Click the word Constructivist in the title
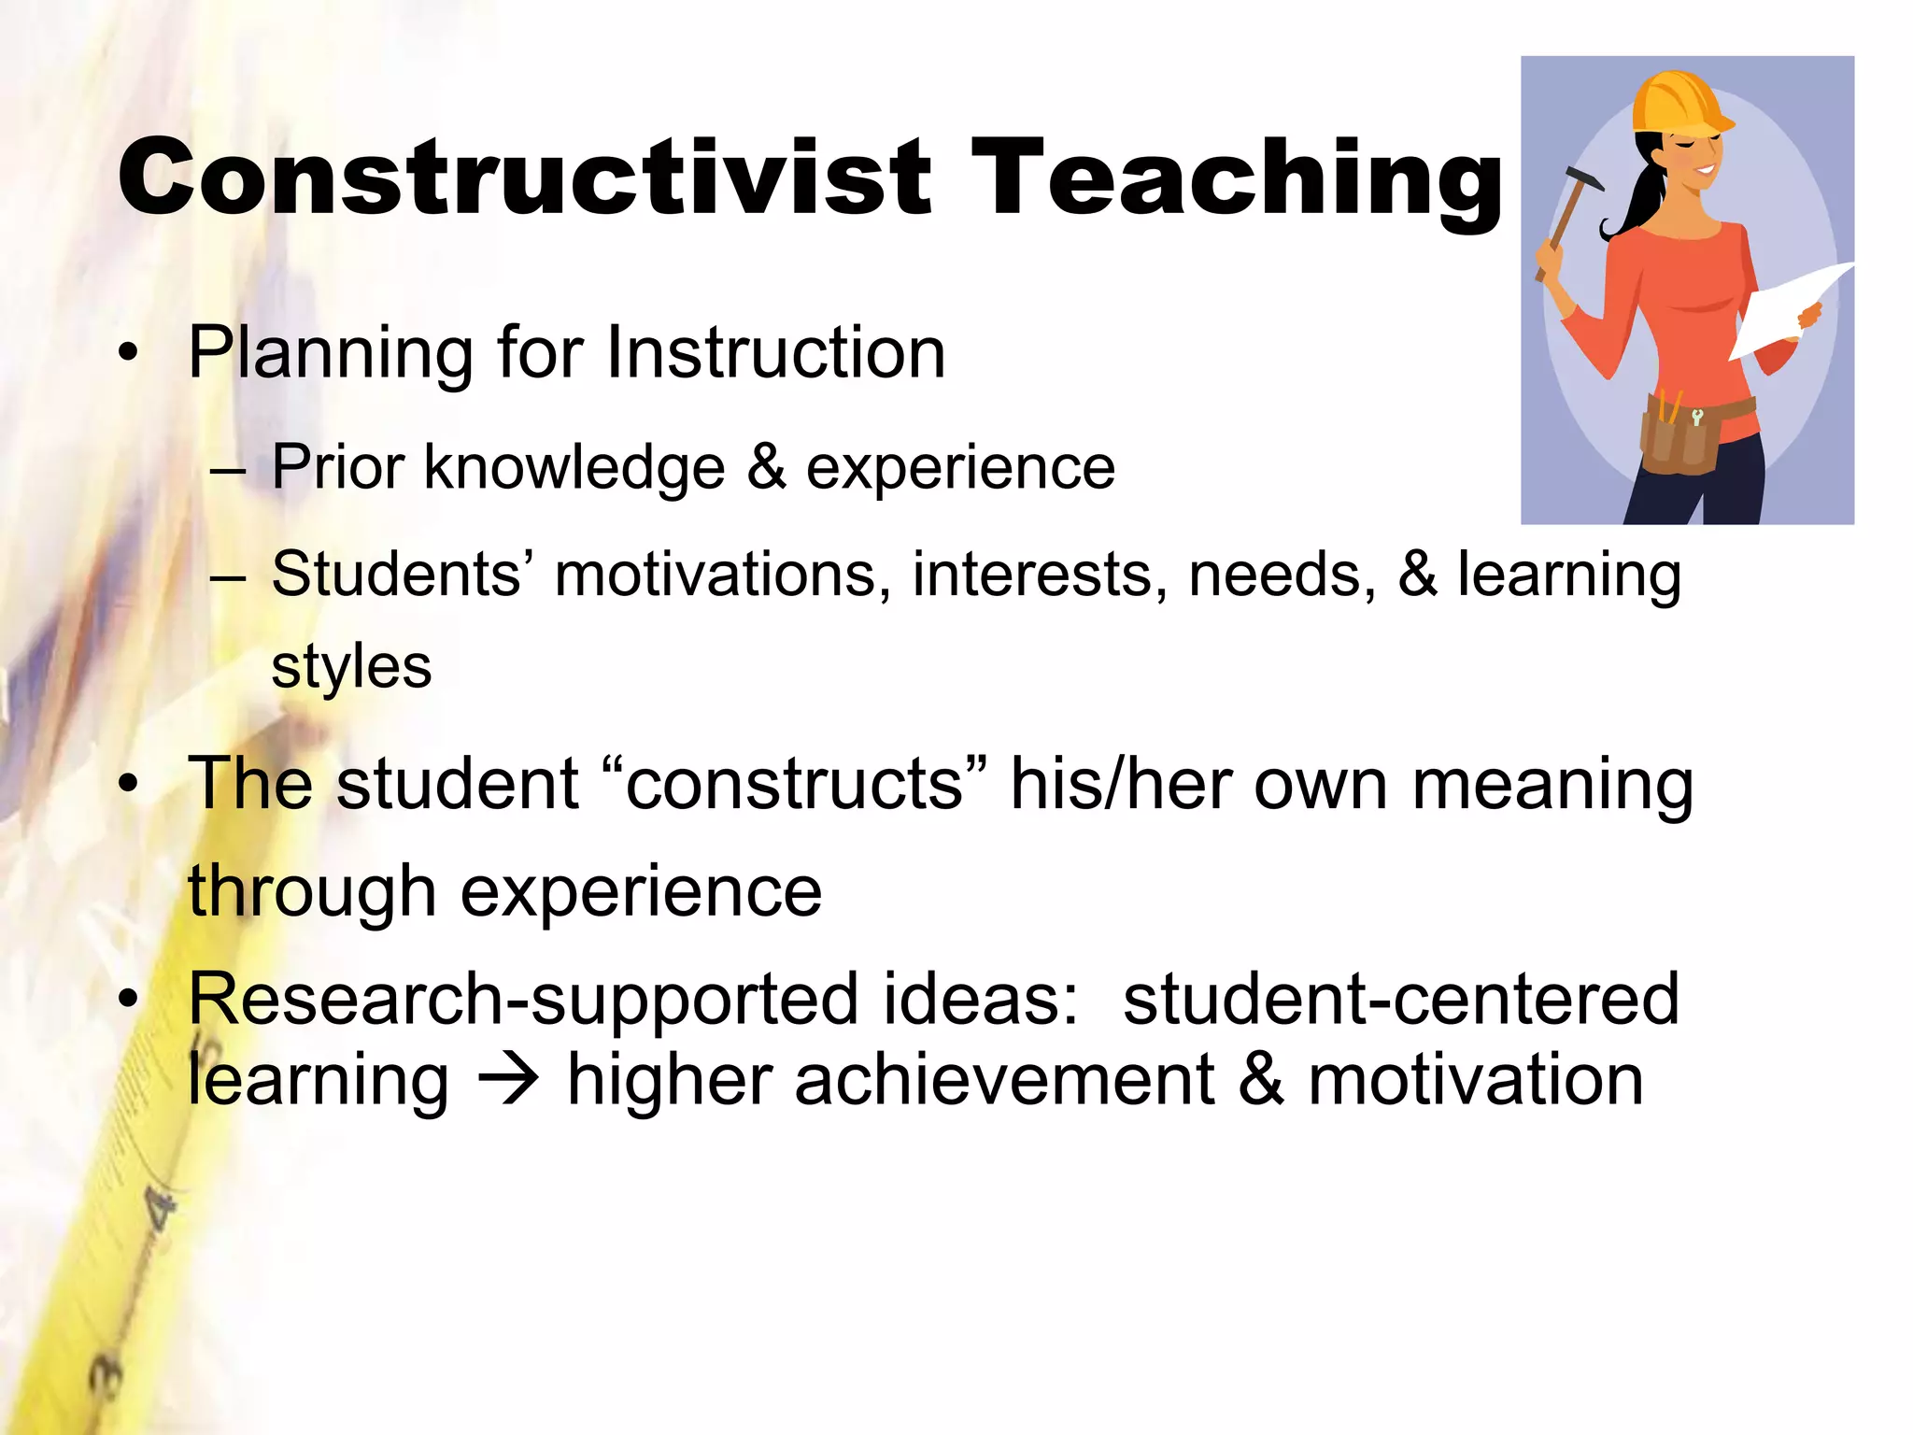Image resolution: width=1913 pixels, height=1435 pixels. pos(524,178)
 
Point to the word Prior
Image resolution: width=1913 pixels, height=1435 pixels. pos(338,466)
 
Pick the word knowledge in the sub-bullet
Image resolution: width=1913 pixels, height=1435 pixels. pos(574,468)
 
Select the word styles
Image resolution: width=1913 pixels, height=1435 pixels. pos(351,667)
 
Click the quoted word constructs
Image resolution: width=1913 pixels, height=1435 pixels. pos(795,784)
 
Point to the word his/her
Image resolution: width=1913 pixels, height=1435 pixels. pos(1121,784)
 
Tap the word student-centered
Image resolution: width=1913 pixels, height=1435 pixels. pos(1401,999)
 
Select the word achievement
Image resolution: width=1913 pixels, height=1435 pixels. pos(1004,1080)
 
